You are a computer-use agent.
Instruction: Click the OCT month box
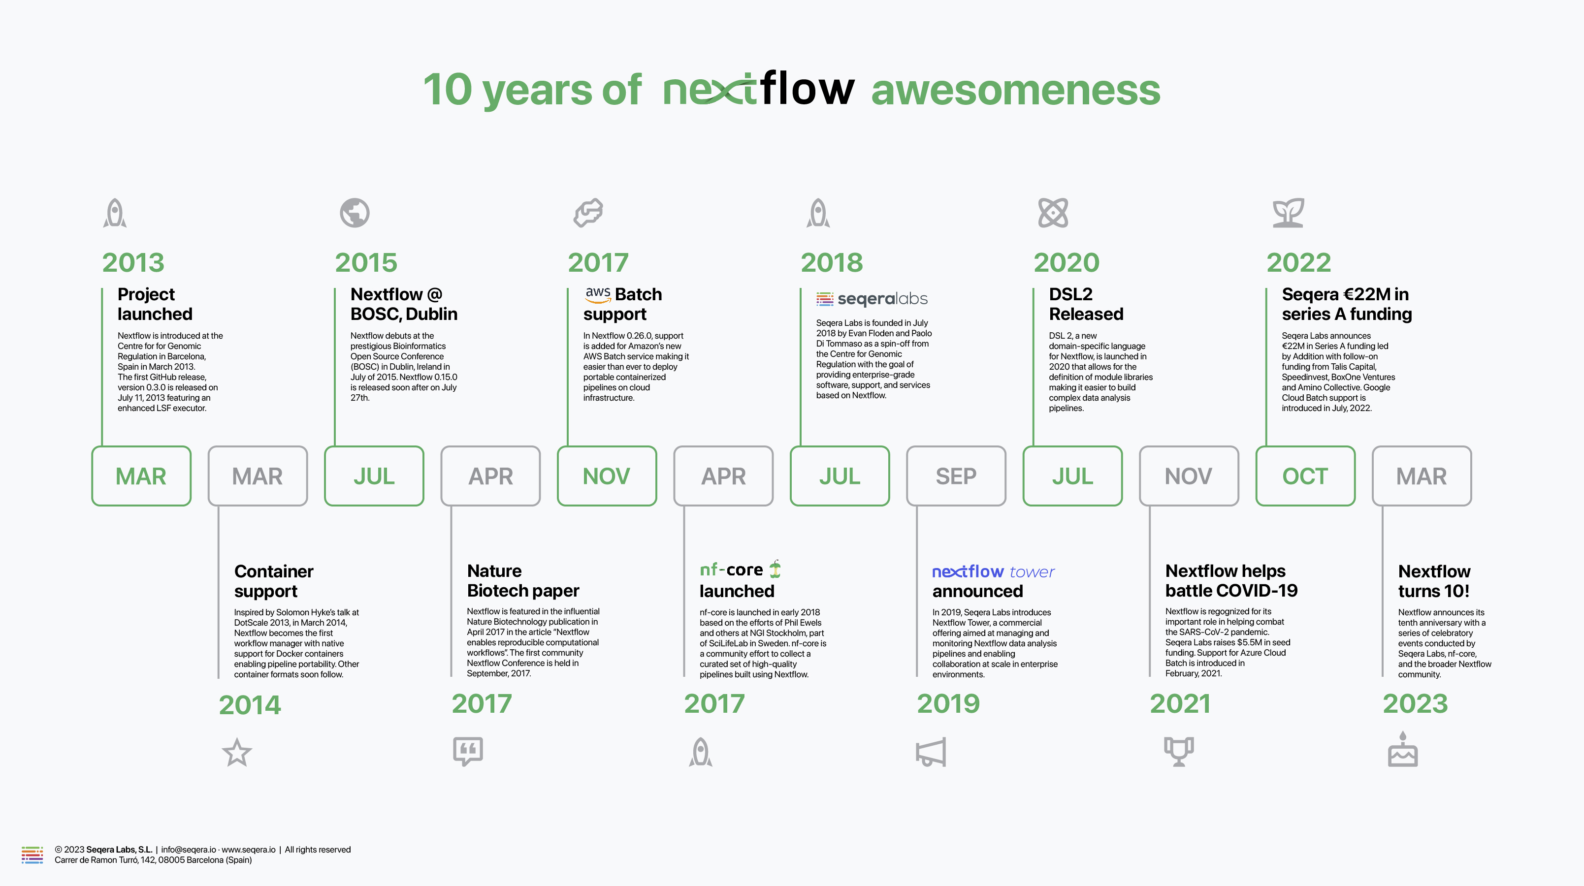click(x=1305, y=476)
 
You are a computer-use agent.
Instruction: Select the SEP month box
click(x=956, y=476)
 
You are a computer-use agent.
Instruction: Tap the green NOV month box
click(x=606, y=476)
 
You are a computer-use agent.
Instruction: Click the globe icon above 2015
click(x=355, y=213)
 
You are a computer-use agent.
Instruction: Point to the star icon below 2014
click(x=237, y=753)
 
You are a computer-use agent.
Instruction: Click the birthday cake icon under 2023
click(x=1403, y=750)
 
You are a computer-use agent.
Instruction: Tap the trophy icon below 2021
click(x=1179, y=751)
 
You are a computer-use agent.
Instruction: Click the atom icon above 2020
click(x=1053, y=213)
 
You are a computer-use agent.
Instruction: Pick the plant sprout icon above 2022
click(x=1288, y=213)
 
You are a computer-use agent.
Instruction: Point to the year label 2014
click(x=250, y=705)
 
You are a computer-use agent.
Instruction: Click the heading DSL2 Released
click(x=1086, y=304)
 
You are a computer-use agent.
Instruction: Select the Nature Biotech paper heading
click(x=523, y=581)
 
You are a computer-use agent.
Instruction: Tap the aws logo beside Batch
click(x=598, y=294)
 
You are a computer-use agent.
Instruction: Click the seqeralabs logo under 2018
click(x=872, y=299)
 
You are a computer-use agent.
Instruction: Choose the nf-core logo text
click(x=732, y=570)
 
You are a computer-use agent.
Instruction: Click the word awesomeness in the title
click(x=1016, y=90)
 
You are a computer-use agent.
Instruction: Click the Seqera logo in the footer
click(x=32, y=854)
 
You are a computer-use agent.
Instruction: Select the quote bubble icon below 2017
click(x=468, y=751)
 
